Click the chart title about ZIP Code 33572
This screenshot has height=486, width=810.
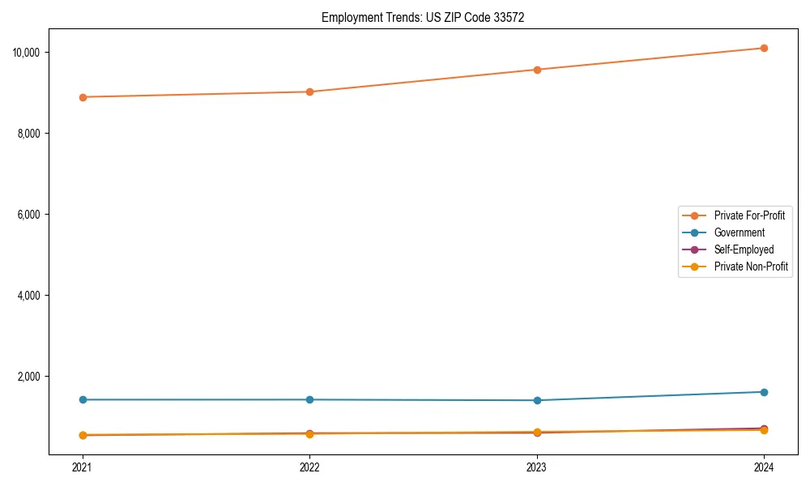[423, 17]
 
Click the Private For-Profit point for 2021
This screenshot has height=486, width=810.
[82, 97]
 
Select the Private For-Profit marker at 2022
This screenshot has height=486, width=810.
[309, 92]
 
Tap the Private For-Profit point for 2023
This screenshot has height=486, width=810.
[536, 70]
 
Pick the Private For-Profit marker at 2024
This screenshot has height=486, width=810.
[764, 49]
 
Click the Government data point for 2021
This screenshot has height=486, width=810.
[82, 399]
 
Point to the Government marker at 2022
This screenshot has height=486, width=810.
[309, 399]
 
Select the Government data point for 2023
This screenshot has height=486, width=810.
[536, 400]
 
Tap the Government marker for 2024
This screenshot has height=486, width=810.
[764, 392]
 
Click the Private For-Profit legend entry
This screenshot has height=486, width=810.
[748, 215]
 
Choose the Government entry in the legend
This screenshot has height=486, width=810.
[739, 232]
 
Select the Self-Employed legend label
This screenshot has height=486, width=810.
[744, 249]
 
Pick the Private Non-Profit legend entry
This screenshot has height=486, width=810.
[751, 266]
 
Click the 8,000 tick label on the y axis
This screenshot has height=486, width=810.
[33, 134]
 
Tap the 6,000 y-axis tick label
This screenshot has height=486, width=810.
[33, 215]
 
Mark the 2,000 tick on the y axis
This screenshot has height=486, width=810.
[33, 377]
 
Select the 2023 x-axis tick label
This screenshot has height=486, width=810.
[536, 467]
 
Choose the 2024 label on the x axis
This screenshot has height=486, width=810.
[764, 467]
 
